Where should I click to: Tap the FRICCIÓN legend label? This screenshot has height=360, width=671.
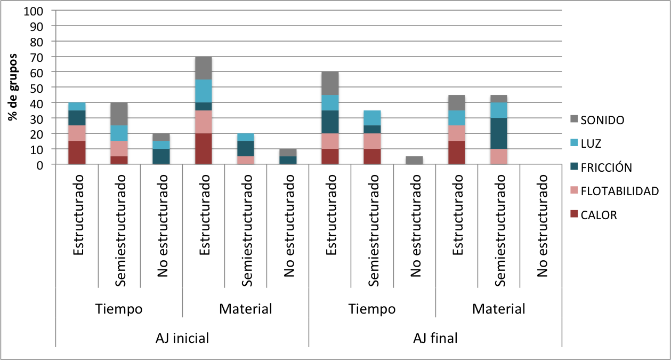click(x=606, y=167)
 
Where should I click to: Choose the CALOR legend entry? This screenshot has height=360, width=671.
click(x=599, y=215)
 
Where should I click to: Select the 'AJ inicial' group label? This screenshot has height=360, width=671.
click(x=182, y=338)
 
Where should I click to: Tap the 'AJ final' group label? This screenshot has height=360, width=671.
click(x=435, y=338)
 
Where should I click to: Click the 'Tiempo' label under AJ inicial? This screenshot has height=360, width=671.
click(x=119, y=309)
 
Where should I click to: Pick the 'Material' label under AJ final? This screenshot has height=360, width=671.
click(x=498, y=309)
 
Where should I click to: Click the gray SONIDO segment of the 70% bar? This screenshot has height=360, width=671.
click(x=203, y=68)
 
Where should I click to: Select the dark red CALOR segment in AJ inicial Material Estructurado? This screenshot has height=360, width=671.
click(x=203, y=149)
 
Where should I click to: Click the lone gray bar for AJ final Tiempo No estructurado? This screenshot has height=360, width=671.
click(x=414, y=161)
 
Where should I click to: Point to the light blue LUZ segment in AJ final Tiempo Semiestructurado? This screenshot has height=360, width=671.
click(x=371, y=118)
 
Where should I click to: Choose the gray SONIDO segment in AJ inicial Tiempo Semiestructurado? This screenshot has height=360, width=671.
click(x=119, y=114)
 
